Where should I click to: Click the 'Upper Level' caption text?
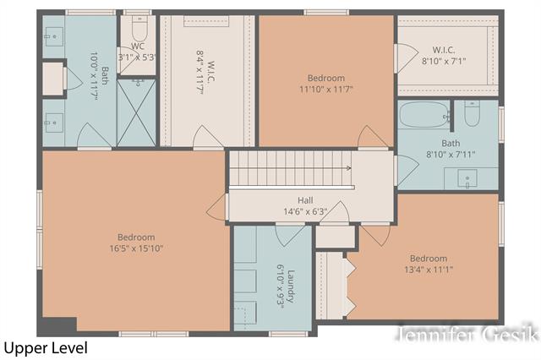(x=45, y=347)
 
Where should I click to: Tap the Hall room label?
(x=305, y=200)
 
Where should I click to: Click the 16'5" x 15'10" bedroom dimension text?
(x=136, y=248)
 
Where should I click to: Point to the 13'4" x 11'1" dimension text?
(x=429, y=270)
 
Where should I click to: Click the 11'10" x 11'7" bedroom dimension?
(x=325, y=89)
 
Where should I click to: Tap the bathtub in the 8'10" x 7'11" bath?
(x=424, y=115)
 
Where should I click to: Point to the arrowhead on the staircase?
(x=347, y=167)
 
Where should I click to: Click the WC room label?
(x=139, y=46)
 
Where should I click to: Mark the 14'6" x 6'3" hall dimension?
(x=305, y=211)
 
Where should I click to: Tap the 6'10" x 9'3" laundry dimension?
(x=279, y=286)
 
